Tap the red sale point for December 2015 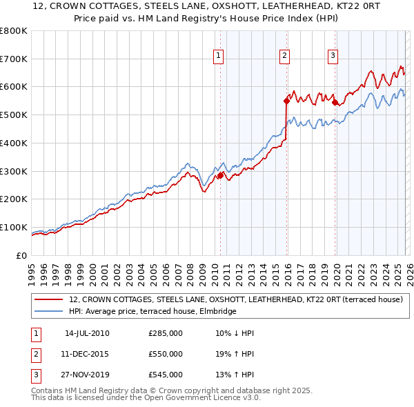tap(286, 101)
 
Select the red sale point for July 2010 tap(220, 175)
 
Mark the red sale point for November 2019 tap(335, 102)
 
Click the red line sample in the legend tap(50, 299)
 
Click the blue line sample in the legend tap(50, 312)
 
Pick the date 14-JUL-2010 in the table tap(87, 333)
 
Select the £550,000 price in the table tap(166, 354)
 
